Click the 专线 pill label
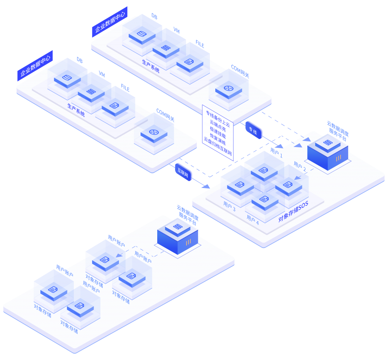[x=253, y=130]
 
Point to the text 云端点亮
[x=218, y=122]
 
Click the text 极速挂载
[x=218, y=129]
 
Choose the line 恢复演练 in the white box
[x=218, y=136]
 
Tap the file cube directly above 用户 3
[x=240, y=186]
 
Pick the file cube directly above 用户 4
[x=264, y=199]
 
